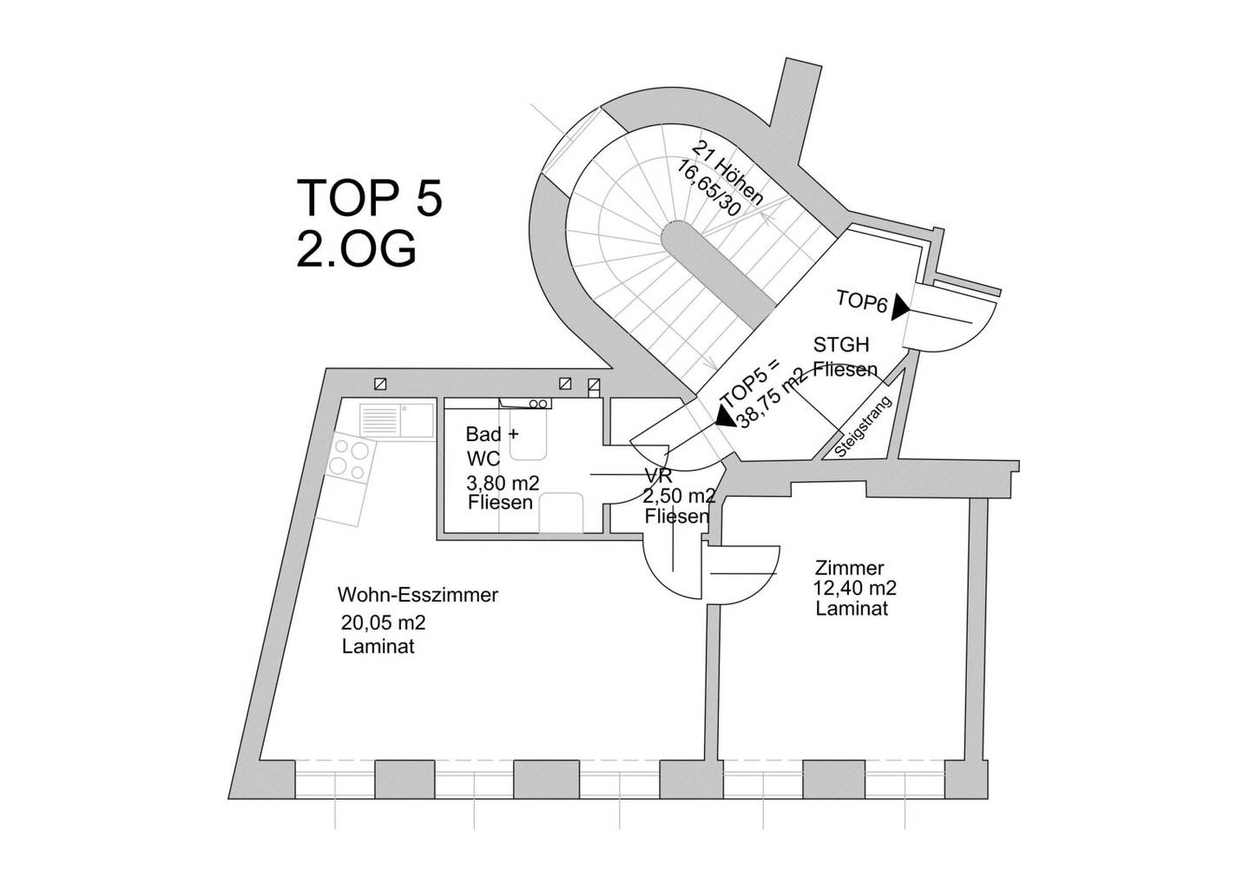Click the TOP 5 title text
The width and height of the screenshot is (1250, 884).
pos(370,198)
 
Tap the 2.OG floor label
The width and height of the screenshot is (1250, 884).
pos(356,250)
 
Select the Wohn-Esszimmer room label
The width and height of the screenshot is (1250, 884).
pos(418,596)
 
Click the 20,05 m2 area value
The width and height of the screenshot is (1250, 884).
pos(384,623)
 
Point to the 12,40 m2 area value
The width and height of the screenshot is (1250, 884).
pos(854,588)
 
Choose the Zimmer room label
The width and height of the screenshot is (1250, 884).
pos(849,568)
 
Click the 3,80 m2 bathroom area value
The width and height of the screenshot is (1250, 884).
pos(503,483)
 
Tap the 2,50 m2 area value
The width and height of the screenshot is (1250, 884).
pos(679,496)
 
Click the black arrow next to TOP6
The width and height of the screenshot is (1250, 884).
pos(899,308)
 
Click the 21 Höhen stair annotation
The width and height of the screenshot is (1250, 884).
pos(727,173)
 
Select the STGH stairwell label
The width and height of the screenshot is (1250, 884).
pos(841,346)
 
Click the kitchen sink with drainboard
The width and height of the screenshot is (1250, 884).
pos(397,421)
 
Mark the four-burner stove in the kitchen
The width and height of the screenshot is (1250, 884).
pos(349,460)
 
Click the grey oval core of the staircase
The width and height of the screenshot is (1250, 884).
pos(719,265)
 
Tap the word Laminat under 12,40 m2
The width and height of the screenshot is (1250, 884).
pos(852,609)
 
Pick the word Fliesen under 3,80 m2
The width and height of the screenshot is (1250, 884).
pos(500,502)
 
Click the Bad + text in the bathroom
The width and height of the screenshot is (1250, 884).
pos(492,433)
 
